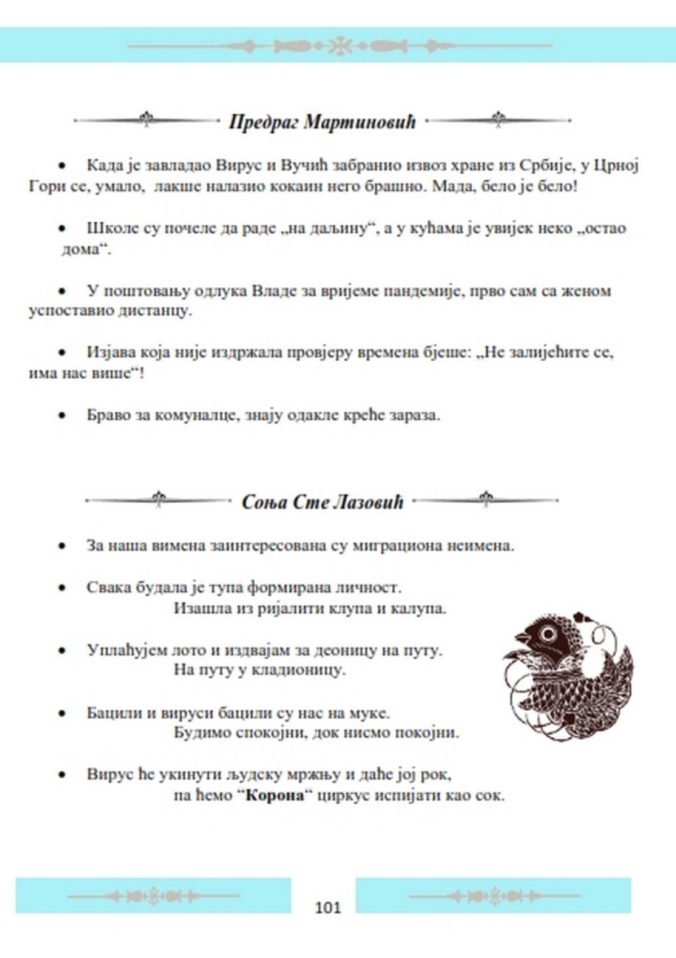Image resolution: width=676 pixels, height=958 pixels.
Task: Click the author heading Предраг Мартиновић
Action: point(322,122)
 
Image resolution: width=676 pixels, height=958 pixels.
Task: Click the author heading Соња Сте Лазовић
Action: point(322,502)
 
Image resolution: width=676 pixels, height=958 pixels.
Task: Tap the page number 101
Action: point(328,907)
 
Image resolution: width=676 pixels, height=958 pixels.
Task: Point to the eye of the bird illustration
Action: point(547,634)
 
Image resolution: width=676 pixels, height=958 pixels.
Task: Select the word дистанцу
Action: point(159,312)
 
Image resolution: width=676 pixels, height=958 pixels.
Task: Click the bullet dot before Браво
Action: point(62,415)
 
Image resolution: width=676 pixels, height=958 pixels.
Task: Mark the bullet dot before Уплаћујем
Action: point(62,650)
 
